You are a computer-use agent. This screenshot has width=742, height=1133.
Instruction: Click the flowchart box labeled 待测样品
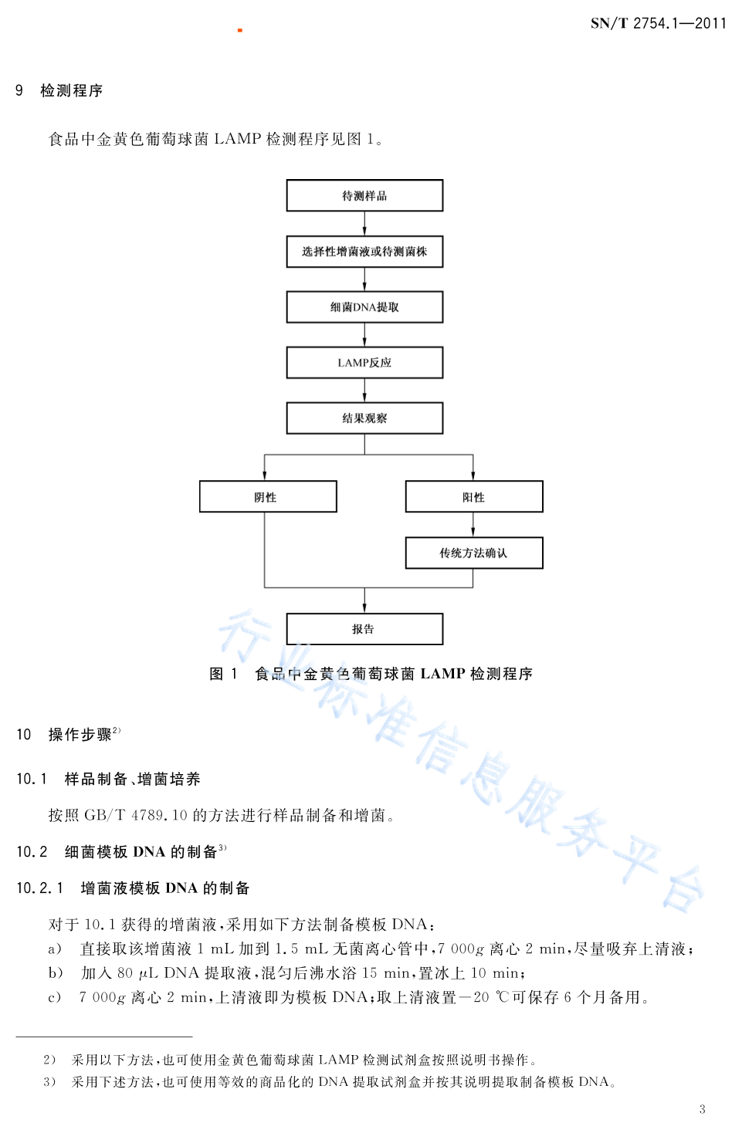click(x=364, y=195)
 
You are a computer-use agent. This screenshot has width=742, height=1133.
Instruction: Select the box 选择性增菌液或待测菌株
click(x=364, y=252)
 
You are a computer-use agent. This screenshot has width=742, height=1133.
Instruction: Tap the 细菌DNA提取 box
click(x=364, y=307)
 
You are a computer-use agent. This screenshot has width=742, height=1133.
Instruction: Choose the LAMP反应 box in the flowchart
click(x=364, y=363)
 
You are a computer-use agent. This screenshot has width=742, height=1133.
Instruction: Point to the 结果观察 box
click(x=364, y=418)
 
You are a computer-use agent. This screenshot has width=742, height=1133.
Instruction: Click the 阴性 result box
click(x=268, y=497)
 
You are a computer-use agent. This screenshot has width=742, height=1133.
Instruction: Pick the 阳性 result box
click(x=474, y=497)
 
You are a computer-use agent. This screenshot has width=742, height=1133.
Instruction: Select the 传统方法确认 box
click(x=474, y=553)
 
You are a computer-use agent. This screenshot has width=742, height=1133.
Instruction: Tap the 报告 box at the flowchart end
click(x=364, y=629)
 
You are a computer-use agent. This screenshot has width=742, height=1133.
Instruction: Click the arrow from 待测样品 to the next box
click(x=364, y=224)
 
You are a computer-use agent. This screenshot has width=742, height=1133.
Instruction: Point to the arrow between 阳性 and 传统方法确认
click(x=473, y=525)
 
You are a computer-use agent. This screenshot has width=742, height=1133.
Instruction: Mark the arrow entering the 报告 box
click(x=364, y=600)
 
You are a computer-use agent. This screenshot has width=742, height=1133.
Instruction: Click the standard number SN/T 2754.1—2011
click(x=659, y=23)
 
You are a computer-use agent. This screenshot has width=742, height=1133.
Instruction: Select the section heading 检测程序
click(x=72, y=90)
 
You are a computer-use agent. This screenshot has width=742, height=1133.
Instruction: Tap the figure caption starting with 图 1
click(x=371, y=674)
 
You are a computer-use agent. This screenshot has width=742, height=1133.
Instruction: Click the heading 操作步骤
click(x=80, y=735)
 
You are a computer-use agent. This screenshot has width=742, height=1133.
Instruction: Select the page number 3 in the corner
click(x=702, y=1109)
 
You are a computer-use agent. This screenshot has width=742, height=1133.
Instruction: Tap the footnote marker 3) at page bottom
click(x=49, y=1082)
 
